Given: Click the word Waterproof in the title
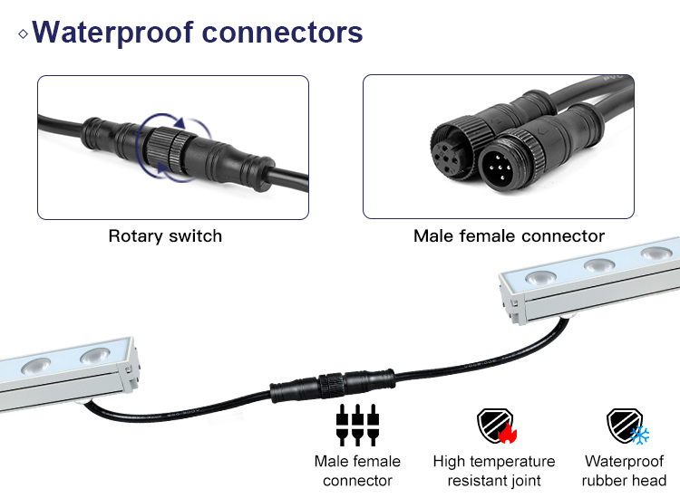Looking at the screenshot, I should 112,33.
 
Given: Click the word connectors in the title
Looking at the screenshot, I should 282,33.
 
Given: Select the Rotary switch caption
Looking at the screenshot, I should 165,236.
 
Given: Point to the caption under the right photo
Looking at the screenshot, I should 509,236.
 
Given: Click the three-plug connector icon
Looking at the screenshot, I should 356,423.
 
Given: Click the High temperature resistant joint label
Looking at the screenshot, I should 494,471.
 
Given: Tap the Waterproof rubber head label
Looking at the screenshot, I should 625,471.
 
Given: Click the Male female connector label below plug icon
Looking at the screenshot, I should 357,471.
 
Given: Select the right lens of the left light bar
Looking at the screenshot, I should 93,356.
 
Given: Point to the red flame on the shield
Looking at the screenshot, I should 504,434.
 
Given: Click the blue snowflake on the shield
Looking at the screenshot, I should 639,435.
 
